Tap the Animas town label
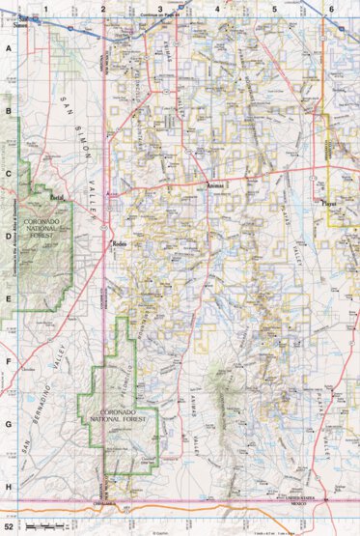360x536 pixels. click(215, 185)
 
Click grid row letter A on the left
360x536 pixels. click(9, 48)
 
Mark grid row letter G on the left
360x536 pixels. click(9, 425)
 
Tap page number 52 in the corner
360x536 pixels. click(9, 528)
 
